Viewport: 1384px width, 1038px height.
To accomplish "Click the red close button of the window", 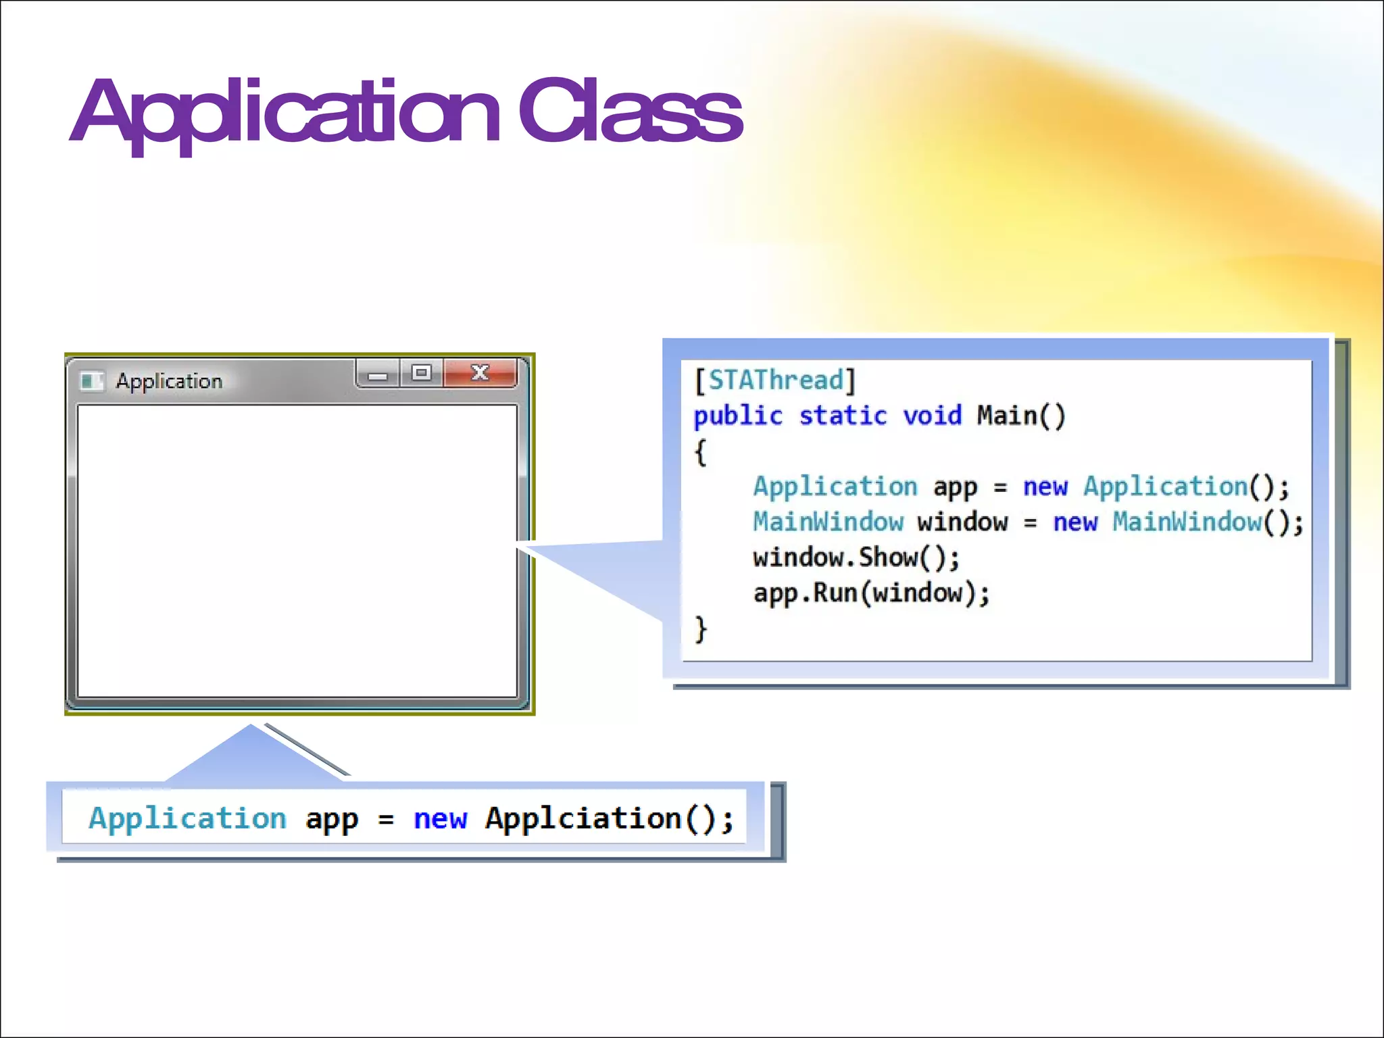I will click(x=480, y=372).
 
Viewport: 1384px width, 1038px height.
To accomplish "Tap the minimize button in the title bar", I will click(x=378, y=374).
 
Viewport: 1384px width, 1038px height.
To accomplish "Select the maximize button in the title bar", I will click(x=422, y=372).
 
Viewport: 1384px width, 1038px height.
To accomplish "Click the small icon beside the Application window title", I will click(x=91, y=381).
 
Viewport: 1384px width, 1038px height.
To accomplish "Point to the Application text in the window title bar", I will click(x=169, y=381).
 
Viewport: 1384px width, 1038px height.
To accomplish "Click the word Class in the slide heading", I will click(x=630, y=112).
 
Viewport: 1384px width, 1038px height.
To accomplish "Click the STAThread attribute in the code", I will click(x=776, y=380).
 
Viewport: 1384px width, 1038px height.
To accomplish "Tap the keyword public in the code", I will click(x=738, y=416).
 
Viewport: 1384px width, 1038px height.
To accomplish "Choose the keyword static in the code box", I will click(x=843, y=416).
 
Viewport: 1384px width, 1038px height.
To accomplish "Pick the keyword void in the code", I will click(x=932, y=416).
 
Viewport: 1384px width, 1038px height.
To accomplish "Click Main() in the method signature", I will click(x=1020, y=416).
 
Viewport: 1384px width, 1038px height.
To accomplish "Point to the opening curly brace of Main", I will click(x=701, y=451).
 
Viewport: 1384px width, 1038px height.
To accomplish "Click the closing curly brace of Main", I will click(x=701, y=629).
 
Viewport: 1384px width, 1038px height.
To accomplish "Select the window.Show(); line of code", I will click(x=856, y=558).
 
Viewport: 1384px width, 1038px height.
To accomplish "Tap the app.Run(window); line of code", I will click(x=871, y=593).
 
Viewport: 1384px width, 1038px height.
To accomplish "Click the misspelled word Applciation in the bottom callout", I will click(x=583, y=818).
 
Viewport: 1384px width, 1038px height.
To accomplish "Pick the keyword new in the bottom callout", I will click(x=440, y=819).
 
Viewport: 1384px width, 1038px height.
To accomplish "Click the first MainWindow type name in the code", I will click(x=828, y=522).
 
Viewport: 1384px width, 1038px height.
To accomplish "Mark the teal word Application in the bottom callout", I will click(x=187, y=819).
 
